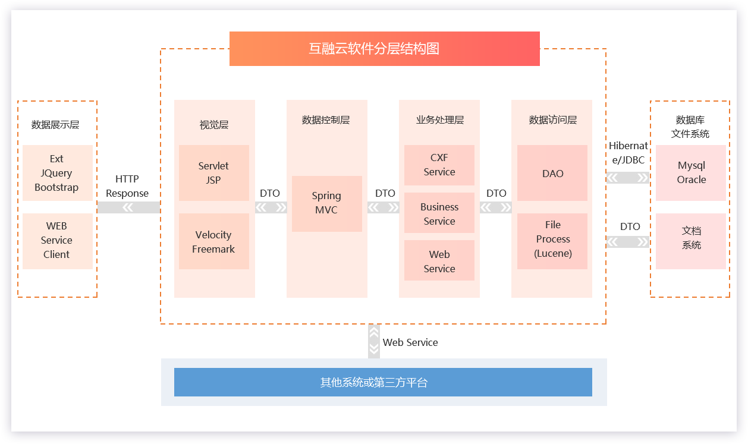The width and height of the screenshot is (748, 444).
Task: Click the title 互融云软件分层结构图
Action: tap(384, 49)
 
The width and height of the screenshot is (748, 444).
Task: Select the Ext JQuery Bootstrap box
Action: tap(57, 173)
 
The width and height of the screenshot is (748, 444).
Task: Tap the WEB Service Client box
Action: tap(57, 241)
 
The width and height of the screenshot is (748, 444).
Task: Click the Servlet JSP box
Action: tap(213, 173)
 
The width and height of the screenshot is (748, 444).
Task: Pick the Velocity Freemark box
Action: tap(213, 241)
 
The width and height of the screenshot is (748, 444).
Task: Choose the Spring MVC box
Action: tap(326, 203)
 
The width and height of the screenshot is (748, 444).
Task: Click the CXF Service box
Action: tap(439, 165)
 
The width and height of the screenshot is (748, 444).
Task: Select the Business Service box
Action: tap(439, 213)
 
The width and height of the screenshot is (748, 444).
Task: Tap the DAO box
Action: tap(552, 173)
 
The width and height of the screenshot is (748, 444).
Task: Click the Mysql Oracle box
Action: tap(691, 172)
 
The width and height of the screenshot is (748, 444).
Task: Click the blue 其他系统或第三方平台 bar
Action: tap(383, 382)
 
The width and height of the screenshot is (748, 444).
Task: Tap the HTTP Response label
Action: tap(127, 186)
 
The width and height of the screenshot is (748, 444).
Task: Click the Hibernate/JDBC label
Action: tap(628, 153)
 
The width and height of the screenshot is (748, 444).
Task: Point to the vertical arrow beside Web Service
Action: tap(374, 341)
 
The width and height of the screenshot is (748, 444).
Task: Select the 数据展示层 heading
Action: tap(55, 125)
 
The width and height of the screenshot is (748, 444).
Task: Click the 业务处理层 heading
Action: tap(439, 120)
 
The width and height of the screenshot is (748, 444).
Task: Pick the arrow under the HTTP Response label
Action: tap(128, 207)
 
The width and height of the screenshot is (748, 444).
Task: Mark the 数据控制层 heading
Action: tap(326, 120)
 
